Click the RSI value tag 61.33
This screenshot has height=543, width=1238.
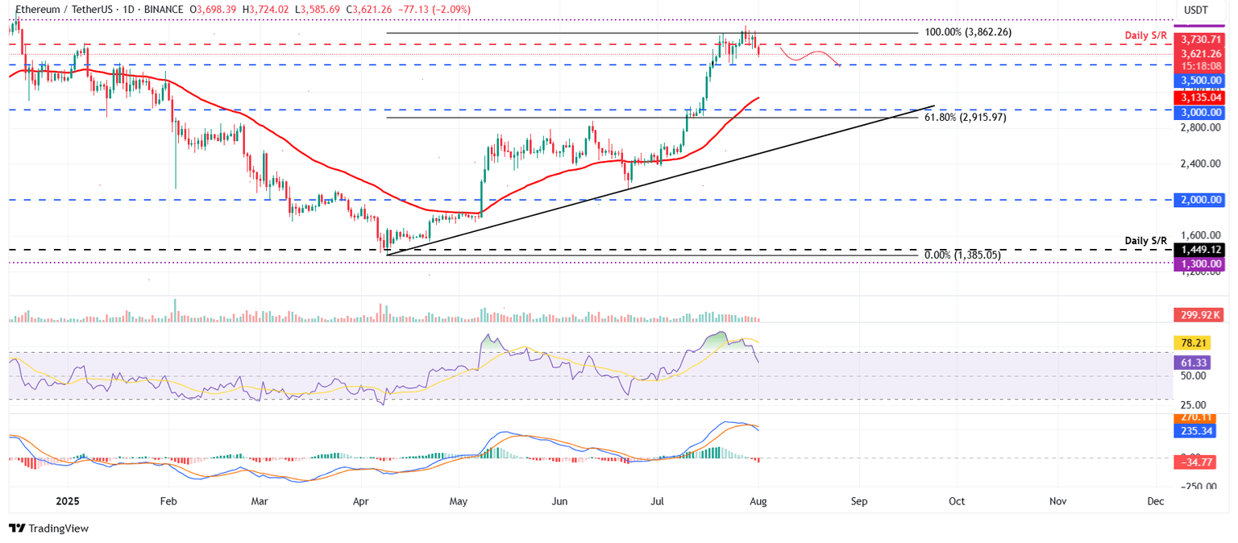point(1196,363)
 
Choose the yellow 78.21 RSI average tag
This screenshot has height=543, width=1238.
point(1196,342)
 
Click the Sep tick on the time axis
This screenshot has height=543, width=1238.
point(859,501)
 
